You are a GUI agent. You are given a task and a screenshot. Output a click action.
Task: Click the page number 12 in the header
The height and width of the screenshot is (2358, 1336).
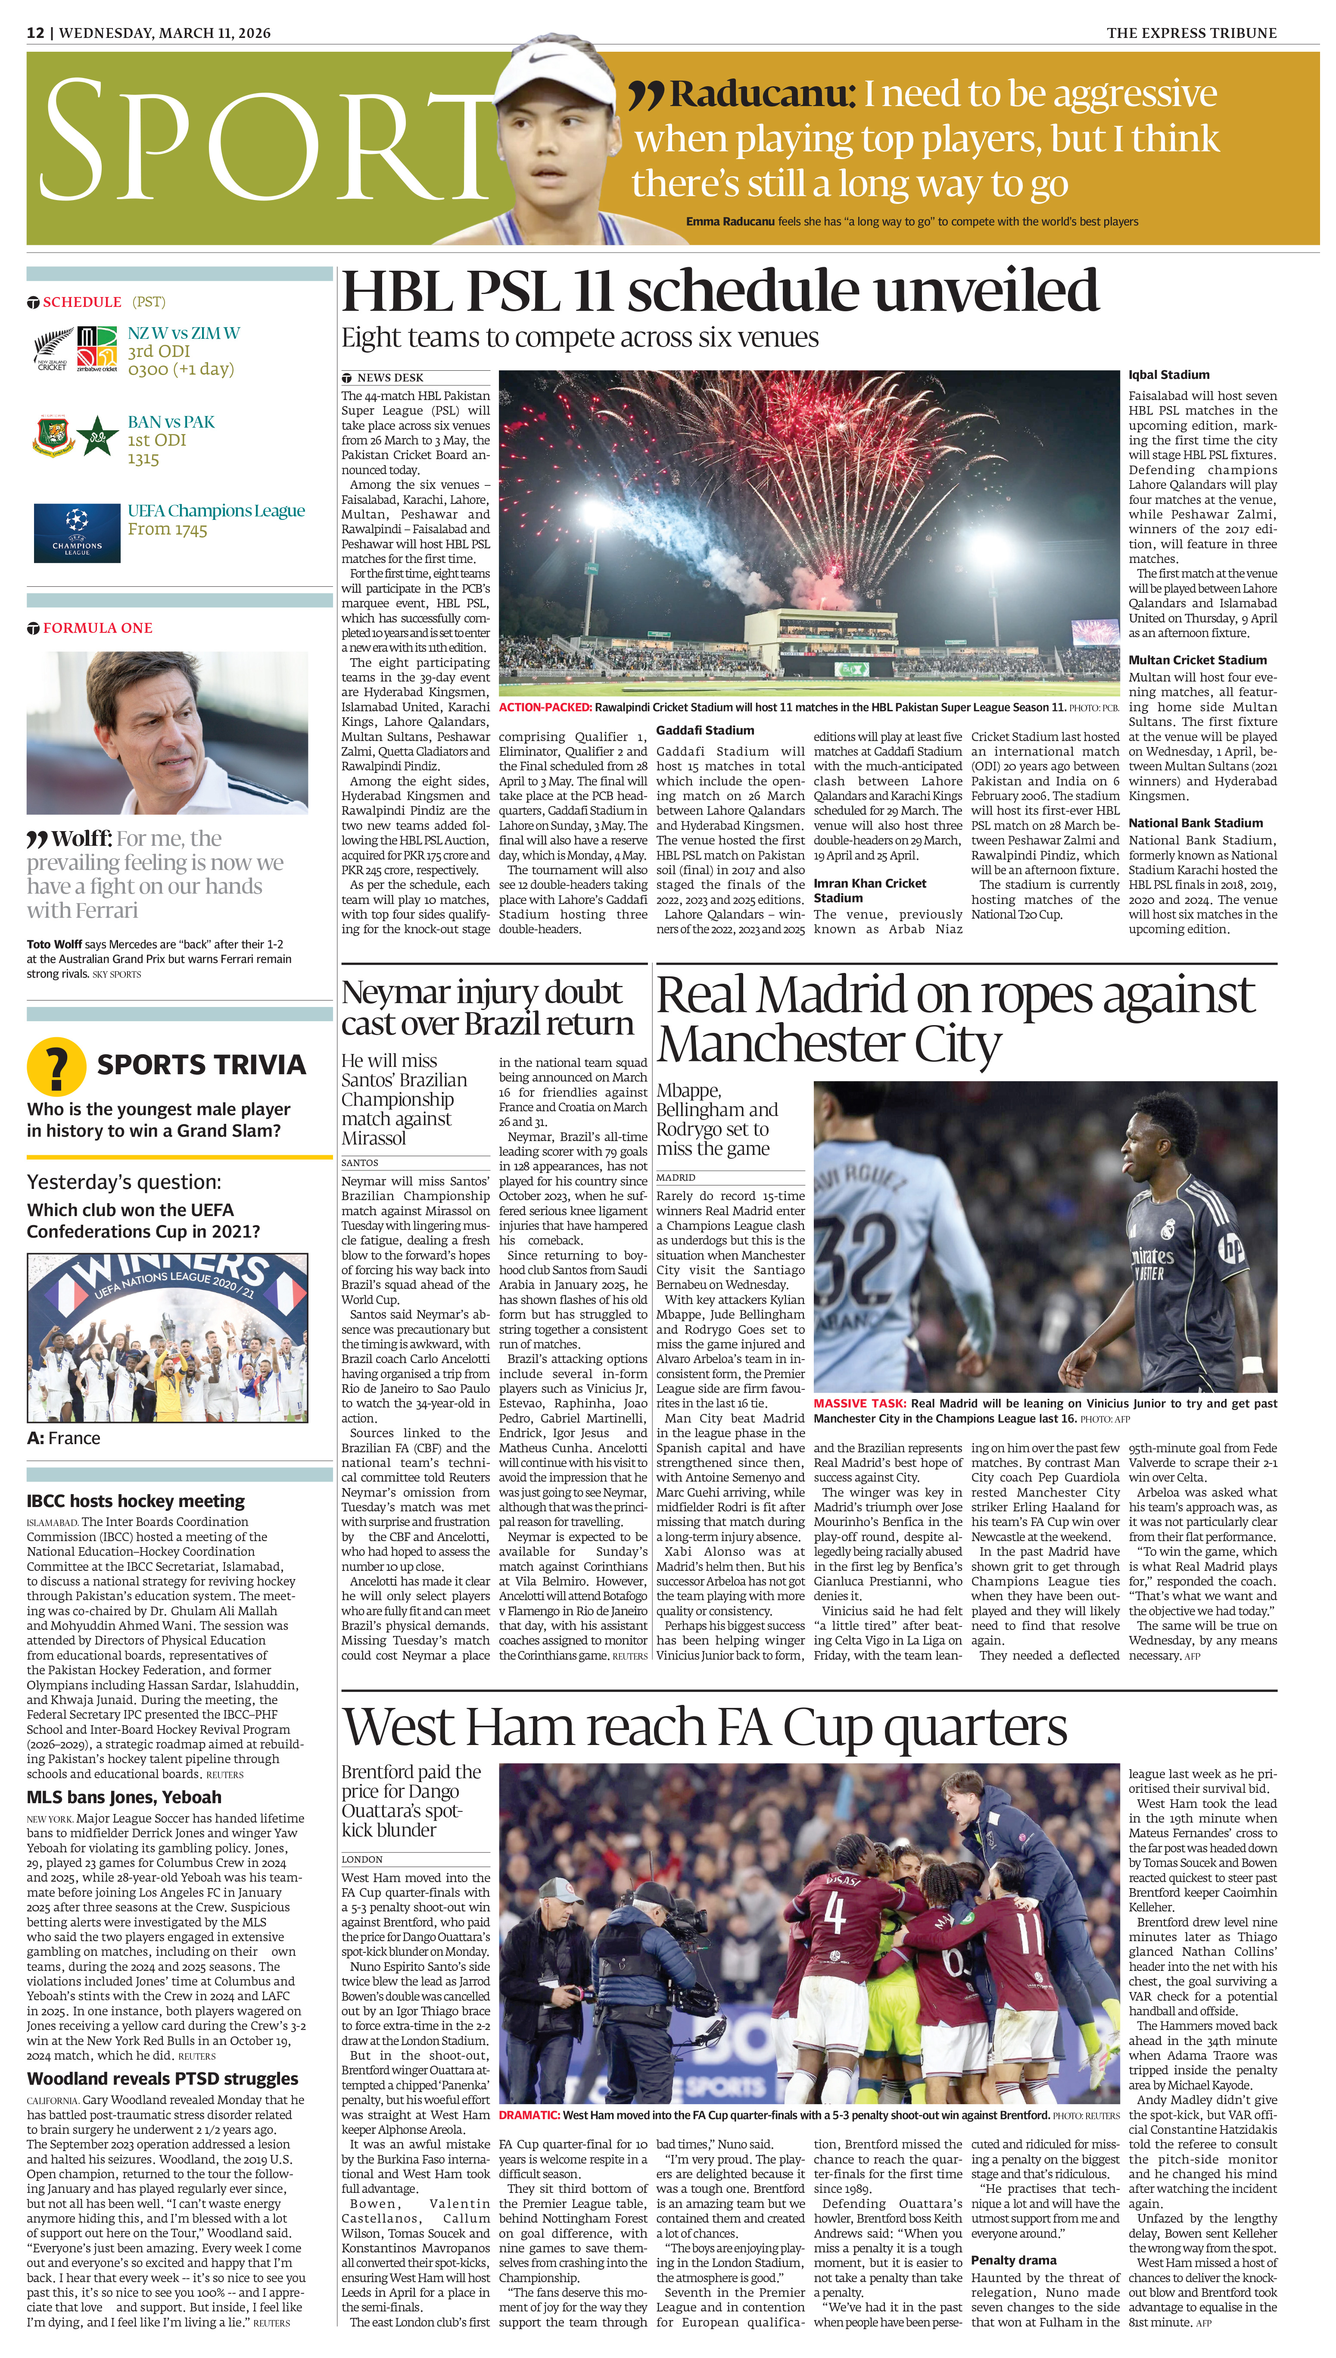pyautogui.click(x=35, y=33)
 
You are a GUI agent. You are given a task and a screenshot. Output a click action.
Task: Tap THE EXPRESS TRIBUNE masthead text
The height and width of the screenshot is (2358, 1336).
pyautogui.click(x=1191, y=33)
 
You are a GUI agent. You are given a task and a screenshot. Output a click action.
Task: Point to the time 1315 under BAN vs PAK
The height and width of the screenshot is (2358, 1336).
pyautogui.click(x=143, y=459)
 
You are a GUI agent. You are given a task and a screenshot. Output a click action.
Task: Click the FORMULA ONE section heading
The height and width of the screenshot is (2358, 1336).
pyautogui.click(x=97, y=628)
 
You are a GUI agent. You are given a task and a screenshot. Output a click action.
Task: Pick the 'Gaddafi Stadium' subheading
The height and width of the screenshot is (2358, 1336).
pyautogui.click(x=705, y=731)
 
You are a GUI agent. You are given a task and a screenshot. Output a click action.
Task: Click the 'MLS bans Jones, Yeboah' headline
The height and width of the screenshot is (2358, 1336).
pyautogui.click(x=124, y=1797)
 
